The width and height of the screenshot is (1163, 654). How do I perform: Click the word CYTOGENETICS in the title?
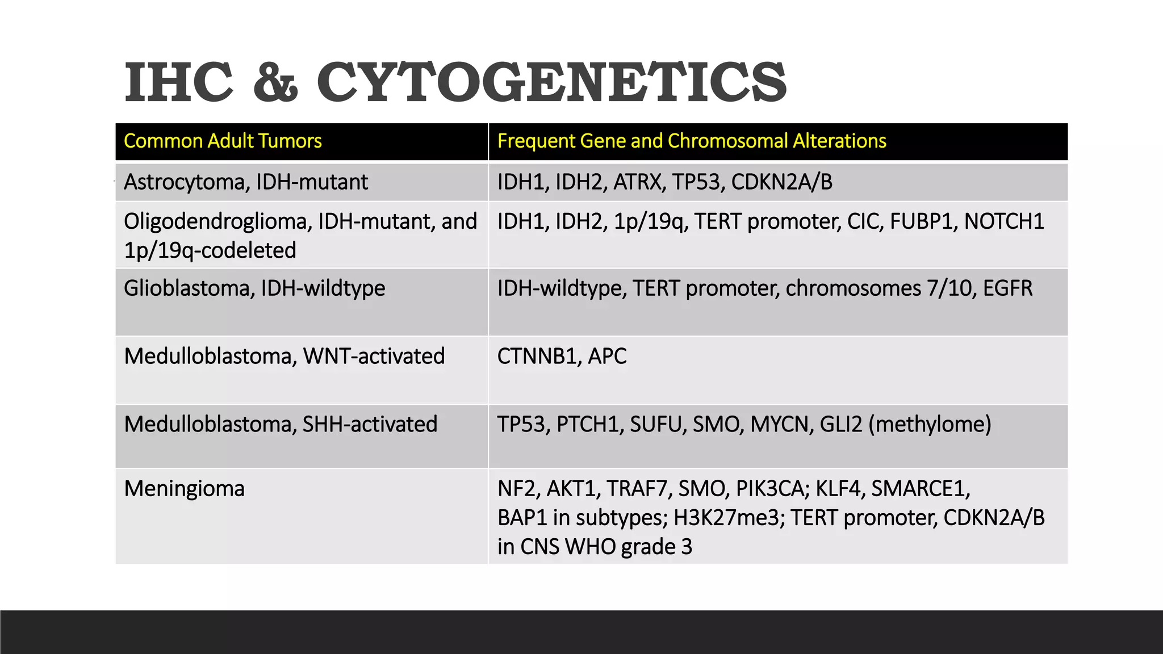(x=551, y=83)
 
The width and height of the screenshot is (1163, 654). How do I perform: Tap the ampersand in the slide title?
(x=275, y=83)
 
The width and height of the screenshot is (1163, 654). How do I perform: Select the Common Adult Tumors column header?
(x=223, y=141)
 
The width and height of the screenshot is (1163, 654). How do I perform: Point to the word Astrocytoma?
(x=186, y=182)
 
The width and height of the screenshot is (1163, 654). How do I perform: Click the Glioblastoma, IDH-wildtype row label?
(x=254, y=288)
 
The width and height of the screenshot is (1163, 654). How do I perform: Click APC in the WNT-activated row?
(x=607, y=357)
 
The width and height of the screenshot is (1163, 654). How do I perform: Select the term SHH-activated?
(x=370, y=425)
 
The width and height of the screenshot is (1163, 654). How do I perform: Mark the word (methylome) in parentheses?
(x=930, y=425)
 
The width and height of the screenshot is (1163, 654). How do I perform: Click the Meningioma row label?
(x=184, y=489)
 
